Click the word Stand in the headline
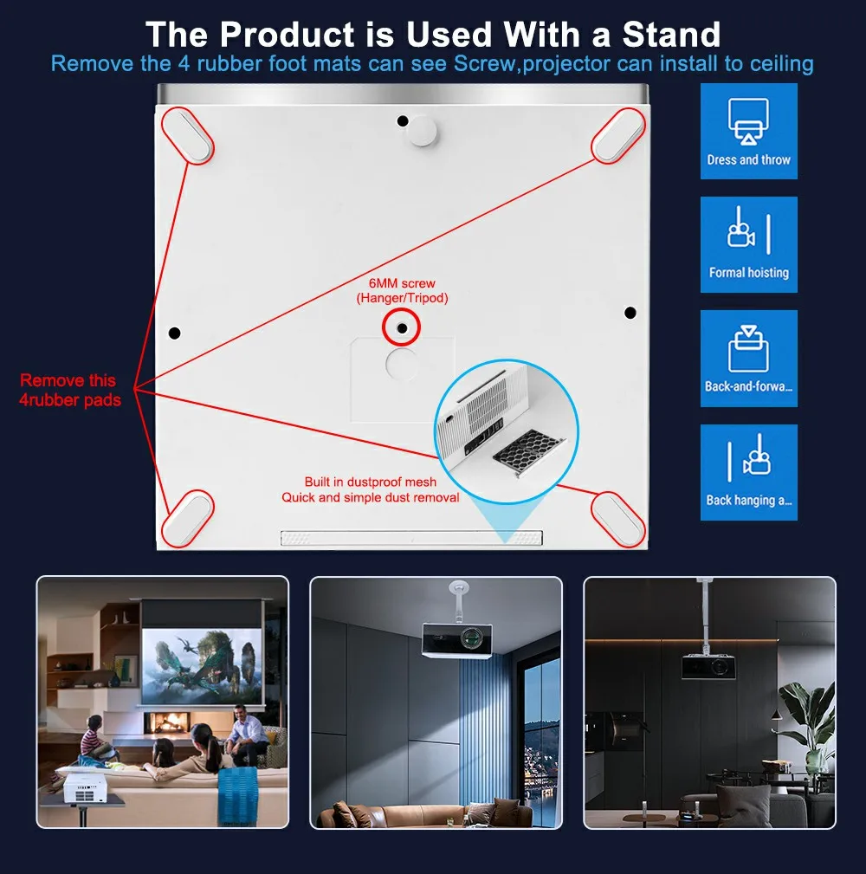[671, 35]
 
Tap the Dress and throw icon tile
[748, 131]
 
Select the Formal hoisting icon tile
[748, 244]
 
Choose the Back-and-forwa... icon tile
[748, 359]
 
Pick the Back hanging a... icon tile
[748, 473]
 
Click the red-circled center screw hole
[402, 328]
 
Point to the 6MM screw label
[402, 283]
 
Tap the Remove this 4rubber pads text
[69, 390]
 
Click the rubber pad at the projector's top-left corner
[188, 135]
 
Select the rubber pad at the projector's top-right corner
[617, 135]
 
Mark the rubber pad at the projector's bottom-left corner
[188, 518]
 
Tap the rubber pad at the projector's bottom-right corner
[617, 519]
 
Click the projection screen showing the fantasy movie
[201, 666]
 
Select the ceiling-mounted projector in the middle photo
[457, 639]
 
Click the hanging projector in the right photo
[709, 667]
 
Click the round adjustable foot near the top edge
[423, 132]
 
